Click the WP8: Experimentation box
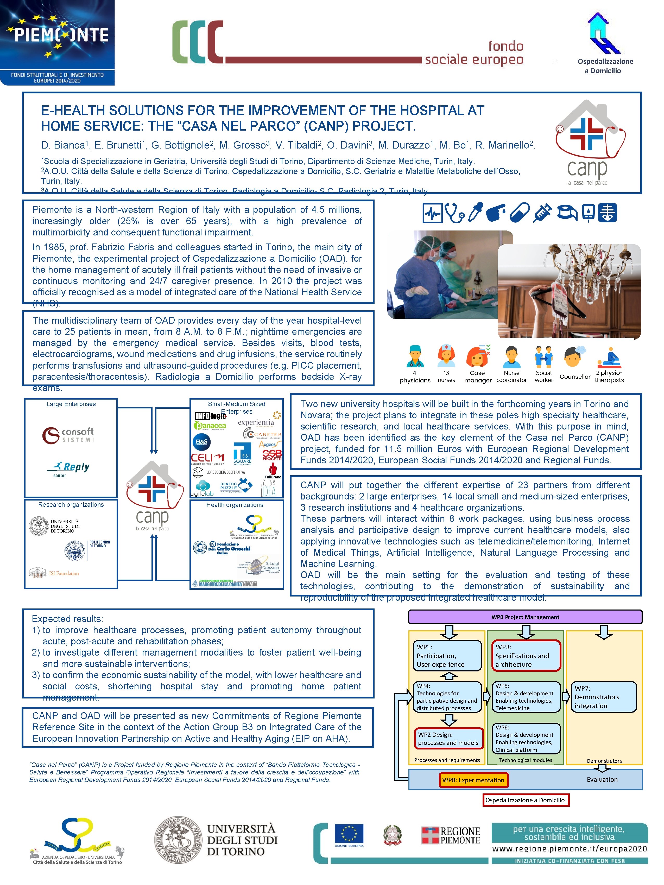click(x=473, y=780)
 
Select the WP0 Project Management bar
click(x=525, y=617)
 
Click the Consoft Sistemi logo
click(x=68, y=435)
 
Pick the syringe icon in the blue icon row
click(x=542, y=213)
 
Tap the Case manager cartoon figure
click(x=477, y=356)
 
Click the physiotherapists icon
click(x=609, y=357)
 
